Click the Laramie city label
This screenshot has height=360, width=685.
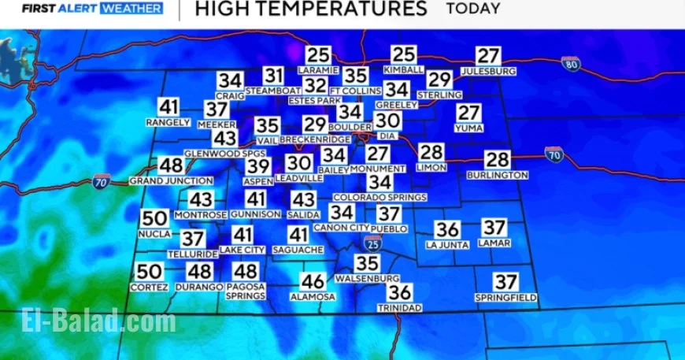tap(318, 70)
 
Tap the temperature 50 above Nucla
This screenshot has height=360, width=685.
tap(155, 219)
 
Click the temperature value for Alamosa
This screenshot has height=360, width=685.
tap(313, 281)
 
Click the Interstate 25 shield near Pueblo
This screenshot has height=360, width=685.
tap(373, 243)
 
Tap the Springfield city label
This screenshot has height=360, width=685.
tap(506, 297)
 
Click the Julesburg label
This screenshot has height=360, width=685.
tap(488, 71)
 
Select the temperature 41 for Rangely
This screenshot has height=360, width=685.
tap(168, 107)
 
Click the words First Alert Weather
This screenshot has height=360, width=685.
tap(92, 9)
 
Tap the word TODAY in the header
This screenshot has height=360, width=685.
tap(473, 9)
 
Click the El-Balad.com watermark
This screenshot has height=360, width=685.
tap(98, 321)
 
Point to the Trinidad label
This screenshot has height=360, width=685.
tap(399, 307)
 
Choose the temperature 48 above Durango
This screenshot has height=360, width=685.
tap(198, 272)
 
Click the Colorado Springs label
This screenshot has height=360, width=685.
tap(380, 197)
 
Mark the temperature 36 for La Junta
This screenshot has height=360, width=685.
tap(447, 229)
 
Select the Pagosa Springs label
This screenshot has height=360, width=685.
tap(245, 291)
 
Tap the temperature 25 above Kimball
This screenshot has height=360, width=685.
tap(404, 54)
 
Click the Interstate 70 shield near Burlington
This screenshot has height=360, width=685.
tap(554, 154)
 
